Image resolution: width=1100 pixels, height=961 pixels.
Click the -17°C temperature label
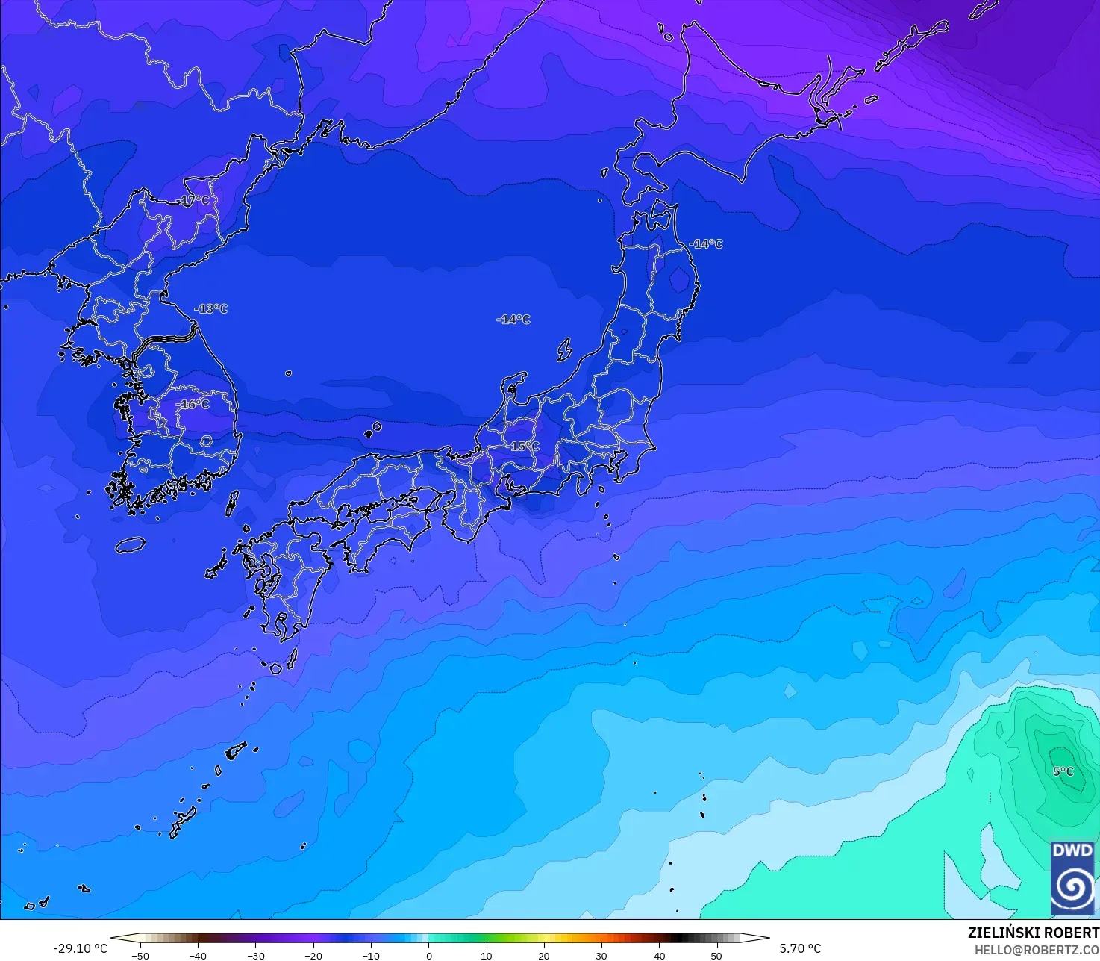click(196, 201)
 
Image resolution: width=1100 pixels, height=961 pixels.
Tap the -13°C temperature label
click(211, 308)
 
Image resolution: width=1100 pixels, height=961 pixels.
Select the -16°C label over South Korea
click(193, 404)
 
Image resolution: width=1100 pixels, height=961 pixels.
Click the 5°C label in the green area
click(1063, 771)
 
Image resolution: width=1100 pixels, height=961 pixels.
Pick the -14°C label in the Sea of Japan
click(513, 320)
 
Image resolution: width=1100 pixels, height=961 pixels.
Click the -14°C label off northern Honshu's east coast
click(705, 244)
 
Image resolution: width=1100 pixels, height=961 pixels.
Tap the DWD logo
click(1072, 877)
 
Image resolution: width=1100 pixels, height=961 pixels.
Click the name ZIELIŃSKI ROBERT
click(1034, 933)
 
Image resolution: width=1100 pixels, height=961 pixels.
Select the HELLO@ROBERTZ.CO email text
click(1037, 949)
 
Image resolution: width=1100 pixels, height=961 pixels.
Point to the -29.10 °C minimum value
click(80, 948)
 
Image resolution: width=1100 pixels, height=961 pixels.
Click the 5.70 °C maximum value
click(800, 948)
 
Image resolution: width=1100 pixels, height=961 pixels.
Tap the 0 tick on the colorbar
click(428, 955)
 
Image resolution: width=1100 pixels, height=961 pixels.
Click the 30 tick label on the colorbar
click(601, 955)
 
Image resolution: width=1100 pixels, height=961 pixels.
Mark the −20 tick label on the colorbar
click(313, 955)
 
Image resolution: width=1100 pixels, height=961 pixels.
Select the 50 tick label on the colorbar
click(716, 955)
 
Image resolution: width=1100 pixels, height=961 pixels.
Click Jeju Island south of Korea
click(130, 545)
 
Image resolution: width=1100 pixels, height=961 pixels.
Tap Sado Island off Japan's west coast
click(564, 349)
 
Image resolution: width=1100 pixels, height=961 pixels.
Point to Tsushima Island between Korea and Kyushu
click(232, 503)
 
